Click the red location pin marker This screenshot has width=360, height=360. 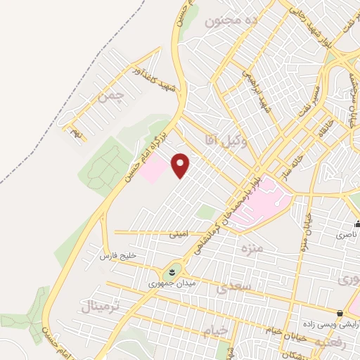point(181,165)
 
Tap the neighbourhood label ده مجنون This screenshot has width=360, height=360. point(233,21)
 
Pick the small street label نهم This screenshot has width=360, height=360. point(75,131)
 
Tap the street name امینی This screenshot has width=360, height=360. point(178,235)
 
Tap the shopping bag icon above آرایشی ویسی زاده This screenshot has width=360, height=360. point(340,314)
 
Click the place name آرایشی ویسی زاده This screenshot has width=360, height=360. point(338,326)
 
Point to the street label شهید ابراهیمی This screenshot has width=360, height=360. point(256,88)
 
